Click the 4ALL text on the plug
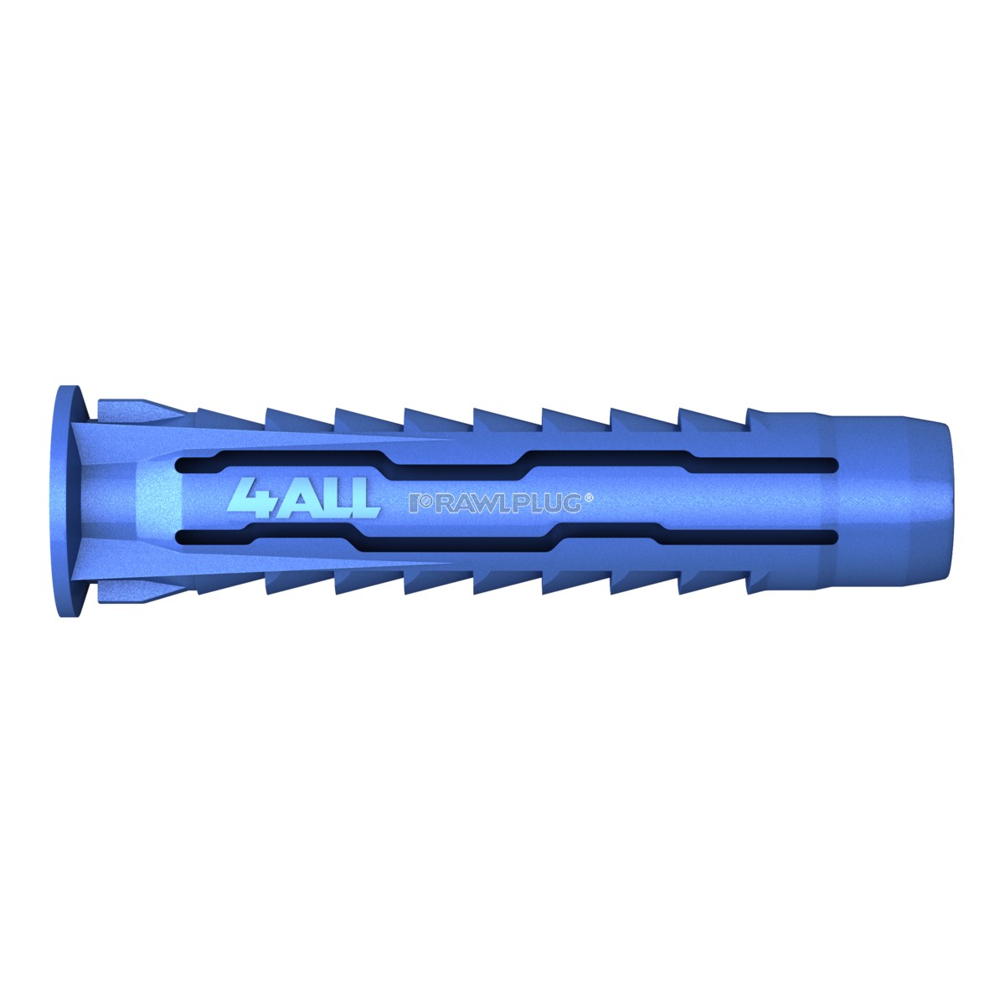[x=303, y=498]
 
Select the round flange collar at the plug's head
[x=70, y=501]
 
